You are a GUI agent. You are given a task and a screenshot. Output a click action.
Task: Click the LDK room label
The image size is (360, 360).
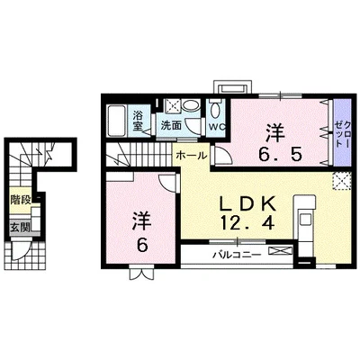click(247, 204)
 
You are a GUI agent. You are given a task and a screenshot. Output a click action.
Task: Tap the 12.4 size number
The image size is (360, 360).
click(247, 223)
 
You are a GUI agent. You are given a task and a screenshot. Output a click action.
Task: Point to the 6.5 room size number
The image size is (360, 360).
click(280, 155)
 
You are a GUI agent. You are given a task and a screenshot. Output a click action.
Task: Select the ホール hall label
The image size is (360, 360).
click(192, 156)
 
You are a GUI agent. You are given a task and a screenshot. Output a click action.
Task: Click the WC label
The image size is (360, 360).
click(217, 127)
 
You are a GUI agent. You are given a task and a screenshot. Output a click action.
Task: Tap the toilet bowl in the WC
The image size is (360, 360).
click(215, 111)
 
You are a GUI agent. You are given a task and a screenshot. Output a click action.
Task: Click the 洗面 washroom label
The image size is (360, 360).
click(171, 125)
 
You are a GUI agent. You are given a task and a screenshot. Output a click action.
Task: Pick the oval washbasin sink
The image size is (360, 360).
click(191, 105)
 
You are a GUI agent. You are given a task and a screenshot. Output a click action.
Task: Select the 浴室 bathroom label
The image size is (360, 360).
click(138, 121)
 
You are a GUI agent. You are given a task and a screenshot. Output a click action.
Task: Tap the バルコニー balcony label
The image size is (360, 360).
click(237, 256)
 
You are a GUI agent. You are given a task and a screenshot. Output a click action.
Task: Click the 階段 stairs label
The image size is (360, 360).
click(21, 200)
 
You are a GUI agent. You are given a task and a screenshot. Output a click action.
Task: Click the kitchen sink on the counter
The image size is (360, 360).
click(306, 220)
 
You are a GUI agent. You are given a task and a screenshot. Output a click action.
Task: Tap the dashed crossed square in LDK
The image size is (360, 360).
click(341, 181)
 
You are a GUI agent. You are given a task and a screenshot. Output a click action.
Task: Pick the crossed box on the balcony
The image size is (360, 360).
click(281, 250)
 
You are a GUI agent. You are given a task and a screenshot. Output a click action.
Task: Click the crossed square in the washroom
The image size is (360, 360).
click(172, 106)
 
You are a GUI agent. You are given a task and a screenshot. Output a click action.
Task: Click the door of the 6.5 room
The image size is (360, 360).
click(221, 155)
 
